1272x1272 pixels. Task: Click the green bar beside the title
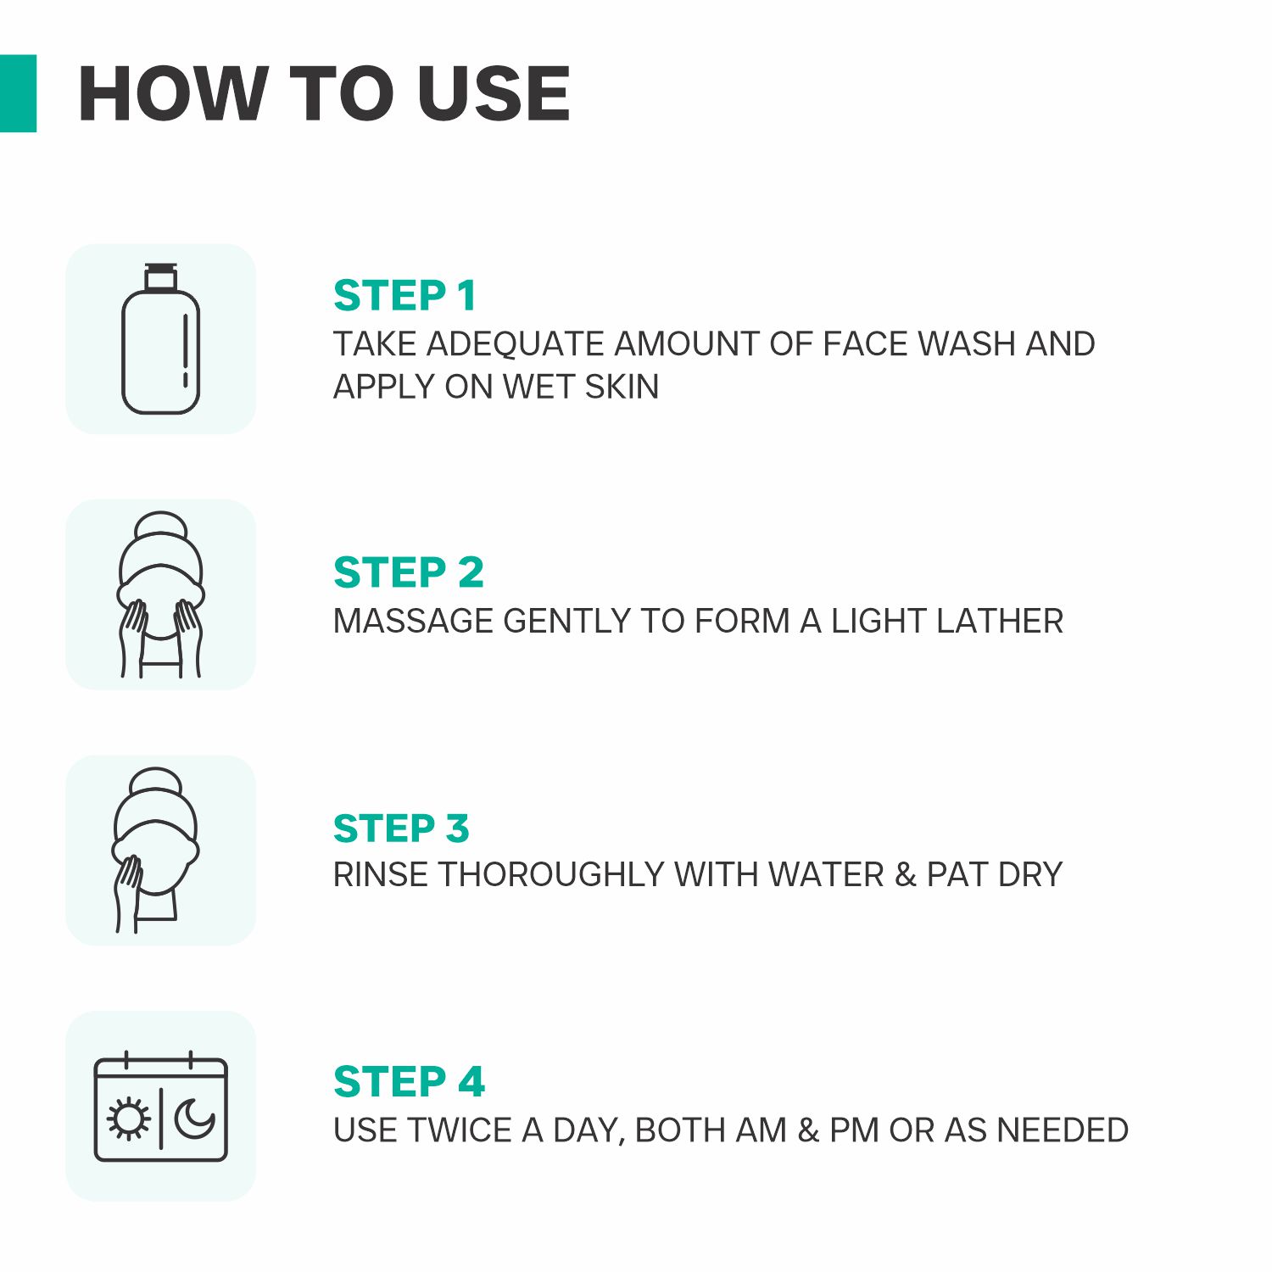coord(18,93)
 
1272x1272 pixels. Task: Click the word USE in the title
coord(494,93)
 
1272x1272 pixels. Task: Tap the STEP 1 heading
coord(404,296)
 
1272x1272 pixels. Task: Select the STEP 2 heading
coord(409,572)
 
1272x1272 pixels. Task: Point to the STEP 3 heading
coord(401,828)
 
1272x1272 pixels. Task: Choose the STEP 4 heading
coord(410,1081)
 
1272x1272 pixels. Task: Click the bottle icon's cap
coord(160,277)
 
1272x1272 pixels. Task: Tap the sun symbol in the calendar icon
coord(128,1119)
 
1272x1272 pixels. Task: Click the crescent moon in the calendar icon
coord(195,1119)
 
